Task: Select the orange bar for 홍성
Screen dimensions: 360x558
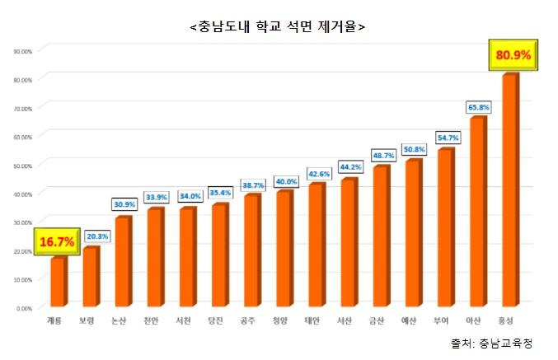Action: [509, 189]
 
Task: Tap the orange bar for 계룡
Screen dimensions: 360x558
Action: [57, 282]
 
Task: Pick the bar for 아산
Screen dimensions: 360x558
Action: [476, 212]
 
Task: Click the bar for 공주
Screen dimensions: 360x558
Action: [251, 250]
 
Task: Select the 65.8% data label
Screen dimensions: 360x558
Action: [478, 107]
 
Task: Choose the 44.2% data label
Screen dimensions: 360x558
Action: [349, 168]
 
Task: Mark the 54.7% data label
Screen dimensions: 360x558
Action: [447, 138]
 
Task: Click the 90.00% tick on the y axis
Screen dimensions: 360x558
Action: [22, 51]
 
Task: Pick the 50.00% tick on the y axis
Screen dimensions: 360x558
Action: [22, 166]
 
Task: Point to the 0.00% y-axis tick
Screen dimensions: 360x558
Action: [24, 308]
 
